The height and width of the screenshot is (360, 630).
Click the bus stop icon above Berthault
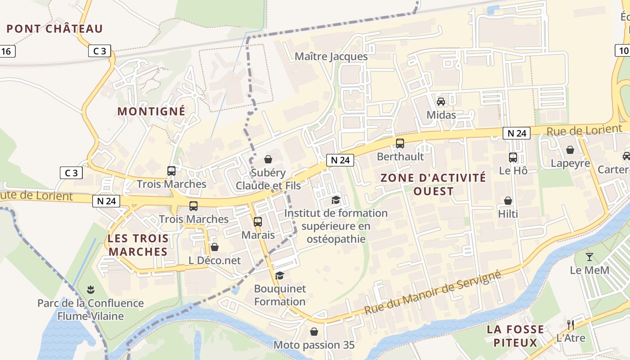(400, 144)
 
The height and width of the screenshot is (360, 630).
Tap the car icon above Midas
(441, 102)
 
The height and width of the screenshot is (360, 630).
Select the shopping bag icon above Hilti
(508, 201)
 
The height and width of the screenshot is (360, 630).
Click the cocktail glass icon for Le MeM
(589, 257)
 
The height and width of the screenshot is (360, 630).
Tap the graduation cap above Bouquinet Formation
(280, 275)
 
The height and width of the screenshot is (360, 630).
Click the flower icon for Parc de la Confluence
(90, 289)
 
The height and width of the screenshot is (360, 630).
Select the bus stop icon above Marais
(257, 221)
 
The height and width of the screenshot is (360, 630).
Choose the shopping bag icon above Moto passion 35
(314, 332)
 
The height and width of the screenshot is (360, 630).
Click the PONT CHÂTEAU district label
(54, 29)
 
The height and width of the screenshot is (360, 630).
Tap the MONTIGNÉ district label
(151, 111)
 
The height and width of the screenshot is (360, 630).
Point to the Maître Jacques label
(331, 57)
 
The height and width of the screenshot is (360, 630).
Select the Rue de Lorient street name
(584, 130)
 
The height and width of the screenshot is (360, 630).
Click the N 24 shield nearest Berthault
(340, 160)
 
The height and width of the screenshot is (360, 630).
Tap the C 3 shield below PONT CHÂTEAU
(99, 51)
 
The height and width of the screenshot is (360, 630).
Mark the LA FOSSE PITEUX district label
(515, 336)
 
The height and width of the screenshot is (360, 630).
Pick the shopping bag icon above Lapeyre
(570, 150)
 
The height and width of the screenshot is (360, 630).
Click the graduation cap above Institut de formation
(336, 199)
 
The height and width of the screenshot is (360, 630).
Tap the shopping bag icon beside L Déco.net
(215, 247)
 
